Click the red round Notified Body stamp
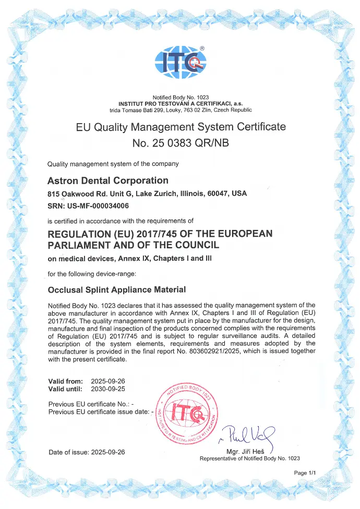186,414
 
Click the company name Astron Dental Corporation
108,180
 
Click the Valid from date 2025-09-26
108,381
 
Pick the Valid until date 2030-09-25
108,389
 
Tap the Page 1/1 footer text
305,472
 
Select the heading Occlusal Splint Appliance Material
116,289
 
